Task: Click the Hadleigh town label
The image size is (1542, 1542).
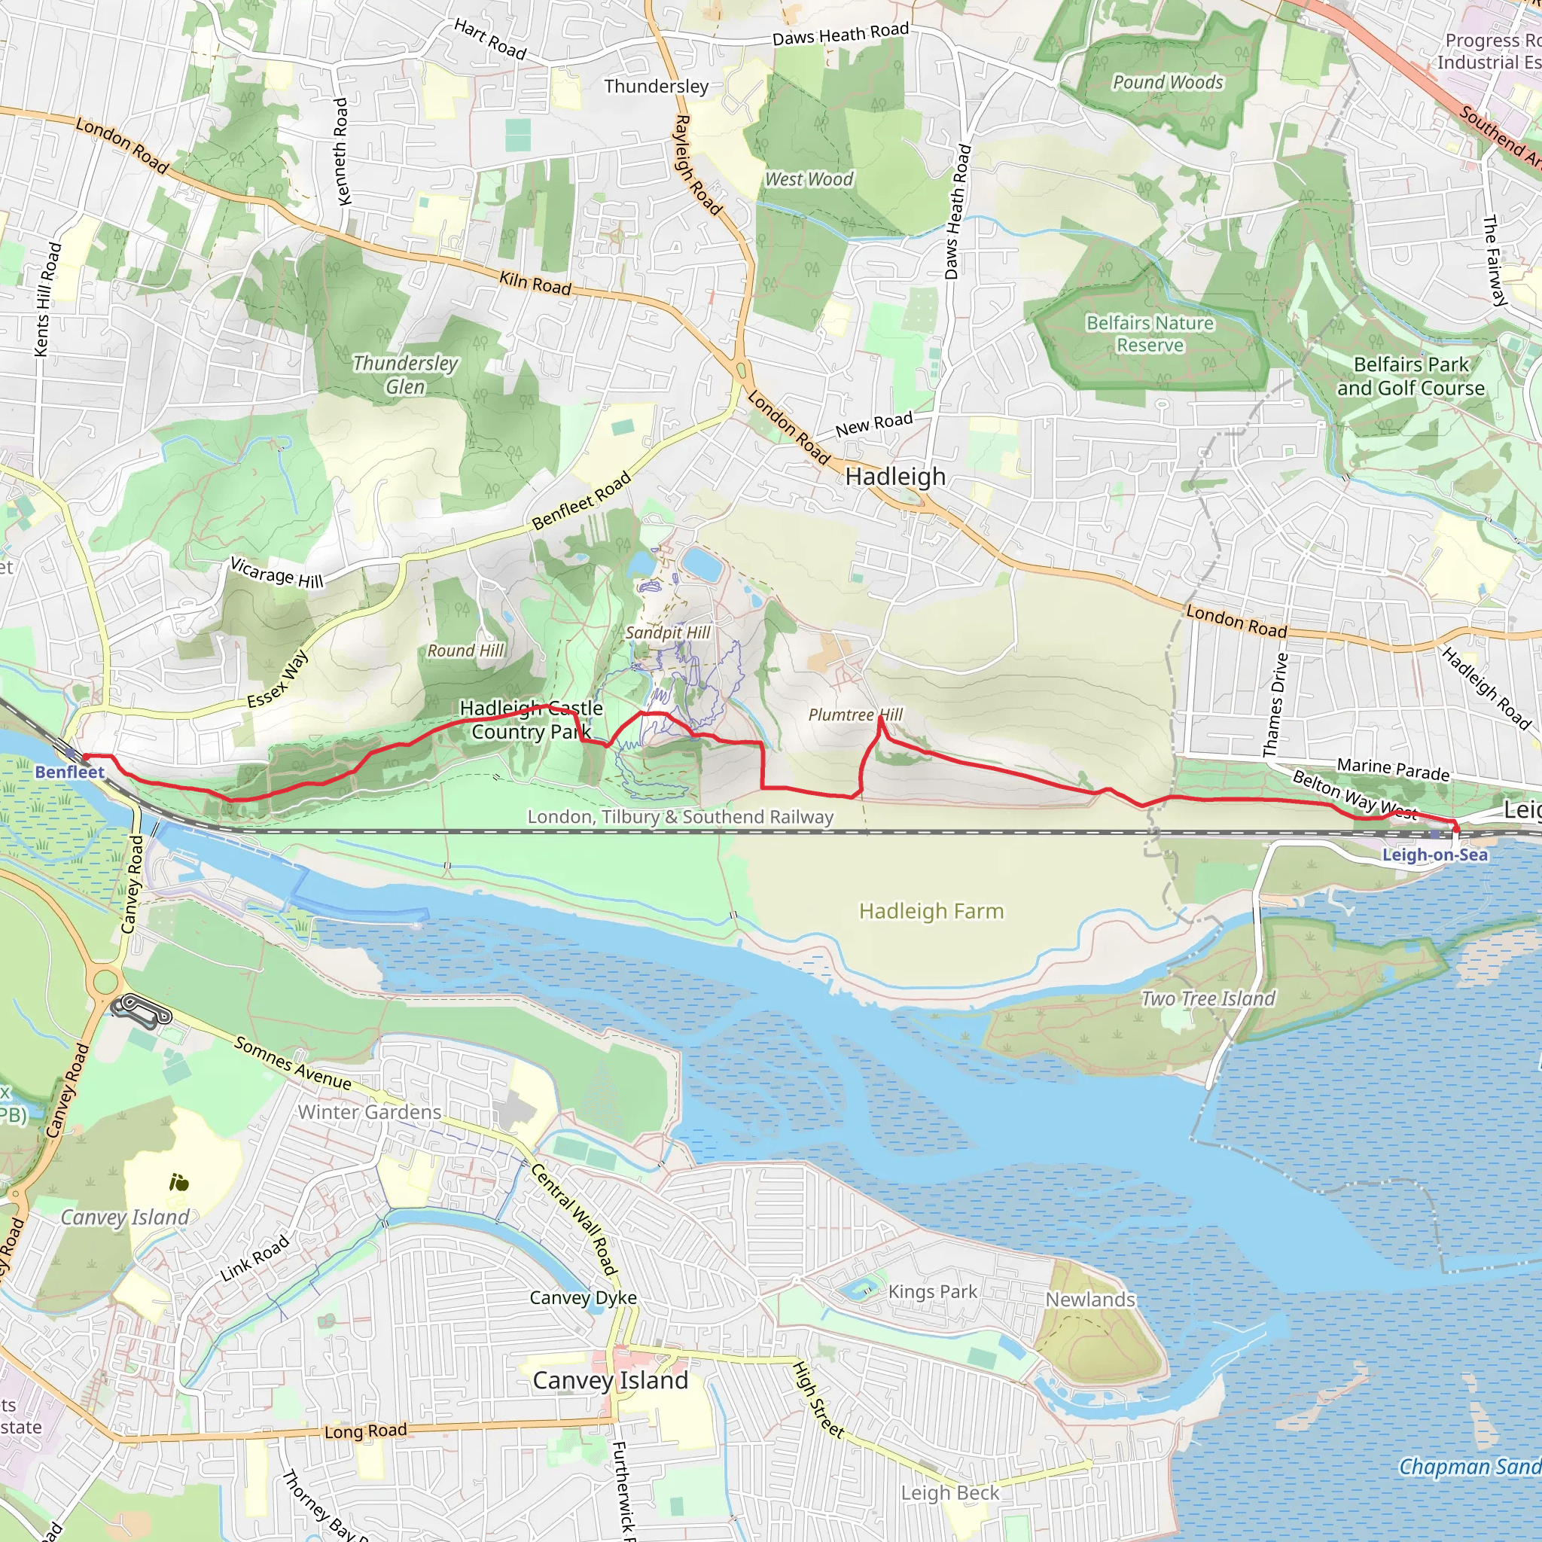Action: click(x=894, y=477)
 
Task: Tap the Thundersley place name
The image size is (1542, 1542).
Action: click(x=656, y=86)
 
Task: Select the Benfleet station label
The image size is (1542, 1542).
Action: click(x=69, y=772)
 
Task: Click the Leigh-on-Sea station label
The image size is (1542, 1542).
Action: click(x=1434, y=855)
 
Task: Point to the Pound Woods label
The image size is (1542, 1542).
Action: click(x=1168, y=82)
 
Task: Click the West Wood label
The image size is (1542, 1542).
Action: click(x=809, y=180)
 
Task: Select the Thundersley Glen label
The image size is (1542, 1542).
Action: click(x=406, y=374)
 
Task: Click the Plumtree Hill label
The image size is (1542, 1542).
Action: click(x=855, y=715)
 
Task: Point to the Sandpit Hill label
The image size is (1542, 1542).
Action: click(x=667, y=632)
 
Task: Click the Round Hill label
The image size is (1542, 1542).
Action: click(x=466, y=651)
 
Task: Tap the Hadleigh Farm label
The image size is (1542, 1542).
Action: click(x=931, y=911)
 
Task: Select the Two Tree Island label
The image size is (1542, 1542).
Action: click(x=1208, y=998)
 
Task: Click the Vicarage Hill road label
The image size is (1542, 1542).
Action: click(x=277, y=572)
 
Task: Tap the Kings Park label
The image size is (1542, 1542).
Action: click(x=932, y=1291)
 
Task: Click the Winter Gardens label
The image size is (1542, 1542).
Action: click(x=369, y=1112)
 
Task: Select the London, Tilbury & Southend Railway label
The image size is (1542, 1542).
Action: click(x=680, y=816)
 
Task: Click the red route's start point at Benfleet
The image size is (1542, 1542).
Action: click(x=84, y=756)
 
